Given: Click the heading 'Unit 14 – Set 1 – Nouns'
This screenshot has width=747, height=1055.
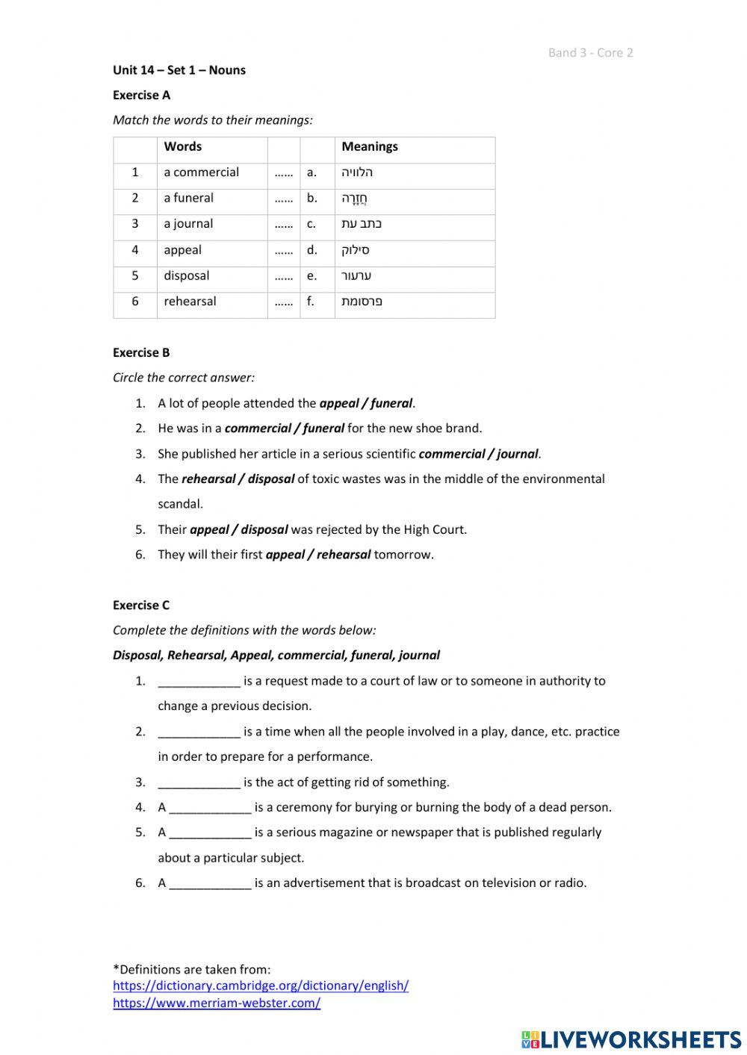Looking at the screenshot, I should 179,70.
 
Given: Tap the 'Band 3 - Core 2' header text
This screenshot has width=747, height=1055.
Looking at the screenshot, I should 590,52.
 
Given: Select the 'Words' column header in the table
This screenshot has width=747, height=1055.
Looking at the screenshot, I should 183,147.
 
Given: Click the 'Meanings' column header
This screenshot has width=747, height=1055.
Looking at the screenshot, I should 370,147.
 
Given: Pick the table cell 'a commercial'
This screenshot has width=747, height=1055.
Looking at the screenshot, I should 202,172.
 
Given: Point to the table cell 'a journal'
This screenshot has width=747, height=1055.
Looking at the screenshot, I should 188,224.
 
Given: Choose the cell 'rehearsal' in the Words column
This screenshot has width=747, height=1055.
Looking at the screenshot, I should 190,302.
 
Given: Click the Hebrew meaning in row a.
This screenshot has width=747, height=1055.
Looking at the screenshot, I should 357,172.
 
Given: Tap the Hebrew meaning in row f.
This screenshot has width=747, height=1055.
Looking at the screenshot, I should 362,302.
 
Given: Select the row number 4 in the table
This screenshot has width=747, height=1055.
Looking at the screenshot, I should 135,250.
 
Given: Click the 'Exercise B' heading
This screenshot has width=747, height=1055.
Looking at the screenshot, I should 141,352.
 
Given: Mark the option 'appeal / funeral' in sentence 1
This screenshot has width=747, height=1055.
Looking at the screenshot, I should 365,403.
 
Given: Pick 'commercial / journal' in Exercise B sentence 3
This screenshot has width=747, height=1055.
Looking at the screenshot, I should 478,454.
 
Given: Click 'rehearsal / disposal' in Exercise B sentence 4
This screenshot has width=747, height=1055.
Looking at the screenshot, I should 238,479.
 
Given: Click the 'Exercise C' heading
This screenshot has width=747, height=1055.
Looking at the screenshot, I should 141,606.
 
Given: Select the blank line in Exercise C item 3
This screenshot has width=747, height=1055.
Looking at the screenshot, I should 199,782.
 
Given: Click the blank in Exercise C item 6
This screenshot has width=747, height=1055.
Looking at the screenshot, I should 210,883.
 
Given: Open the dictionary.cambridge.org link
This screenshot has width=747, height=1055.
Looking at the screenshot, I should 261,986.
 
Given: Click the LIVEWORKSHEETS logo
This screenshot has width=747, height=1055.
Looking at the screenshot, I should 630,1039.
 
